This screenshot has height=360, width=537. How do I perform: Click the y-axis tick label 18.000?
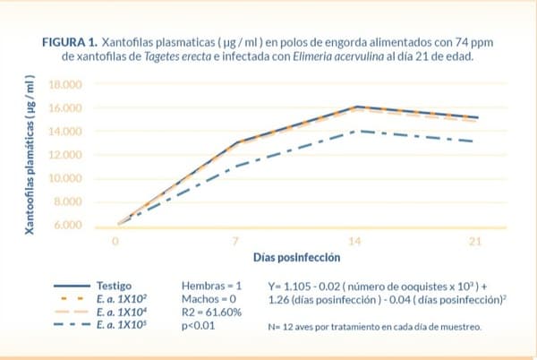[x=64, y=84]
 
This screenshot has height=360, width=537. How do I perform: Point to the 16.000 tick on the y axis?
[x=64, y=107]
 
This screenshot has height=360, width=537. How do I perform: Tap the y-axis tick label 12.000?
[x=64, y=155]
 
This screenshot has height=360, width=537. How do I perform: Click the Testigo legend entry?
[x=115, y=281]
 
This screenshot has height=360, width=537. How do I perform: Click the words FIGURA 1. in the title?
[x=69, y=42]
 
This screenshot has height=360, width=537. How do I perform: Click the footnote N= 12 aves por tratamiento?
[x=375, y=327]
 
